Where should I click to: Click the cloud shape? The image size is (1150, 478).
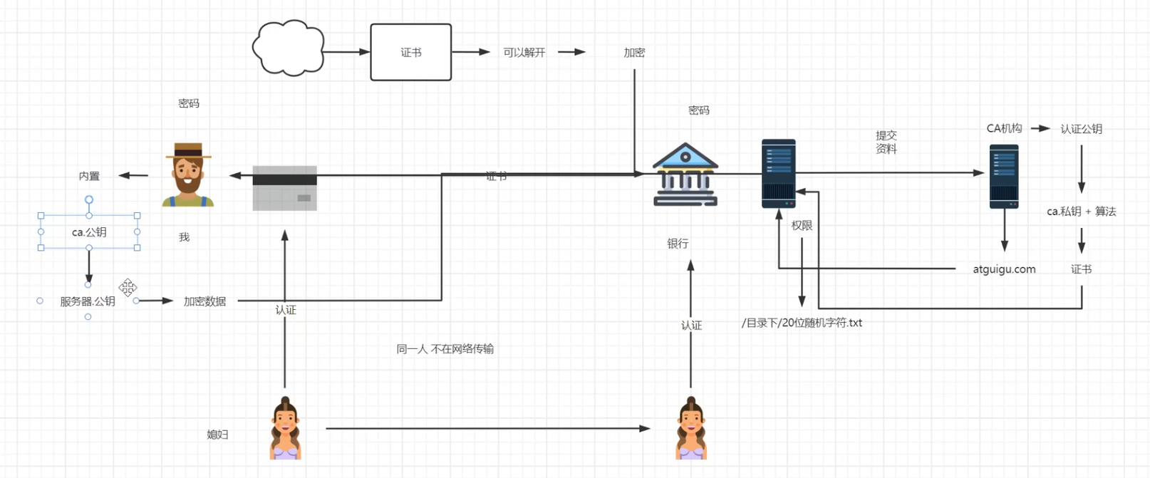[x=288, y=48]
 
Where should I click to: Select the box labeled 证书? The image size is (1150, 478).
[x=410, y=52]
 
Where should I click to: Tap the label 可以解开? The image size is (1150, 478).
[x=524, y=52]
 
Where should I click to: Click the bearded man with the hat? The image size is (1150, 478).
[x=188, y=175]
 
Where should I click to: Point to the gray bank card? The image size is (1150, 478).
[x=284, y=188]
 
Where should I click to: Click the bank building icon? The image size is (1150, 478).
[x=685, y=175]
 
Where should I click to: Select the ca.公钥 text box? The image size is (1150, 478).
[x=89, y=232]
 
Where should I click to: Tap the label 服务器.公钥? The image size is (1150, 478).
[x=88, y=301]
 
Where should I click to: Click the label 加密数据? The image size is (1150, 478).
[x=204, y=301]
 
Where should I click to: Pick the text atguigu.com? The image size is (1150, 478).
[x=1004, y=269]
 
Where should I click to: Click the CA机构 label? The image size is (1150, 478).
[x=1004, y=128]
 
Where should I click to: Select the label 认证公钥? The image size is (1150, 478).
[x=1081, y=129]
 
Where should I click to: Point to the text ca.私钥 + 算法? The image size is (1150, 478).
[x=1081, y=212]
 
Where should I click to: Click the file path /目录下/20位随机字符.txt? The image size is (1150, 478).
[x=802, y=323]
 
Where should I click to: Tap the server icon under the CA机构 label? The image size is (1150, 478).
[x=1004, y=177]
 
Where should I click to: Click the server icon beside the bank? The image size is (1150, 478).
[x=778, y=174]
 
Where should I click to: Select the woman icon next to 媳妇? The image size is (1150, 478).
[x=286, y=428]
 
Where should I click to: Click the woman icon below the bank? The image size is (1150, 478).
[x=691, y=428]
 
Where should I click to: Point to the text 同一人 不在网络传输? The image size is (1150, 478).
[x=445, y=349]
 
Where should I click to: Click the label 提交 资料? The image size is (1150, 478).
[x=886, y=142]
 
